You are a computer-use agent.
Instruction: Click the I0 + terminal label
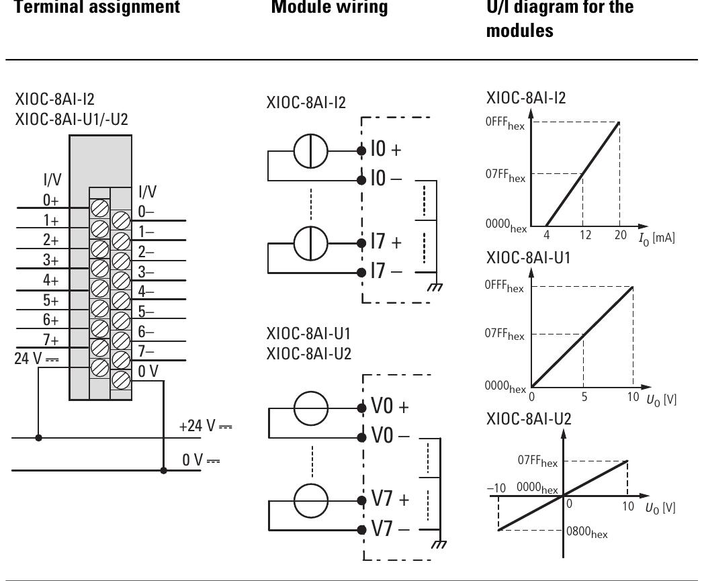pyautogui.click(x=388, y=149)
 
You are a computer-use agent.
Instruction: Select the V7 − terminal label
pyautogui.click(x=389, y=528)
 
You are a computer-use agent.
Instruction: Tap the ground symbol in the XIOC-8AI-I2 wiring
pyautogui.click(x=438, y=287)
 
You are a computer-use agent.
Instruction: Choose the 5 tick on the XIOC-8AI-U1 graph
pyautogui.click(x=583, y=397)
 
